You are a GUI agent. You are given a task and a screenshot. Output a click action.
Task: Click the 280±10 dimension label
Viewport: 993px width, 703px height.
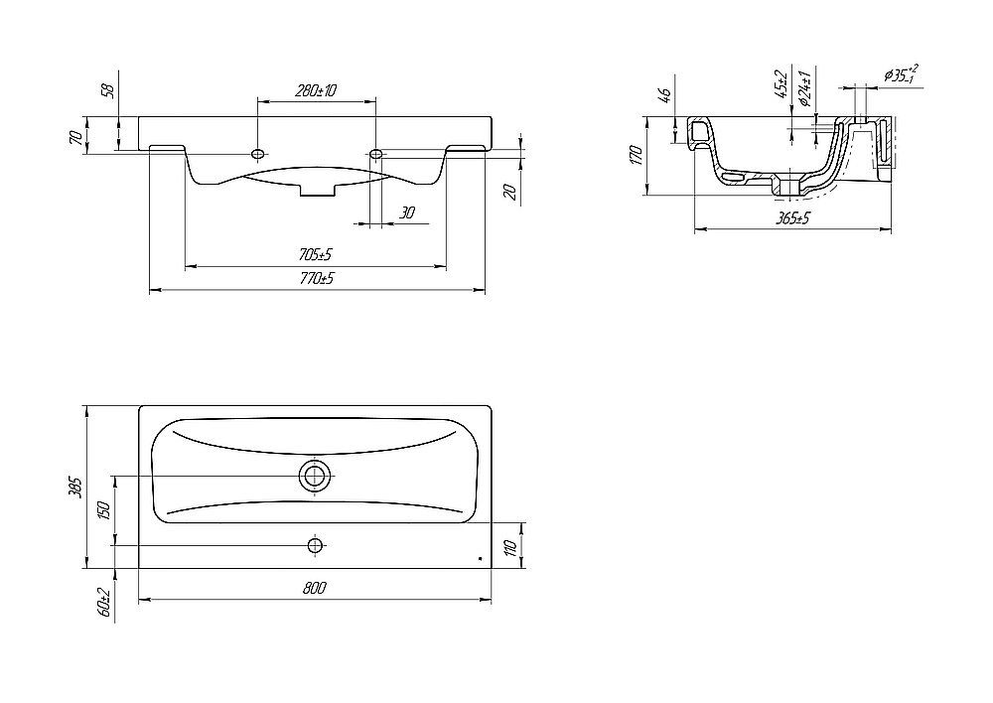[x=316, y=90]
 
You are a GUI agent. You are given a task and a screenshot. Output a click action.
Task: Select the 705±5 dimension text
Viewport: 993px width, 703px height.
[x=316, y=254]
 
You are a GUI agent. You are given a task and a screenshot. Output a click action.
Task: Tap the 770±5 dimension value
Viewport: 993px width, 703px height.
[x=317, y=278]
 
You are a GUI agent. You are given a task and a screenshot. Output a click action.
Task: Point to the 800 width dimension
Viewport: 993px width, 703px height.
[x=314, y=588]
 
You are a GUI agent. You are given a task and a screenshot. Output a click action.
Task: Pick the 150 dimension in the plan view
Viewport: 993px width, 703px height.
[x=104, y=509]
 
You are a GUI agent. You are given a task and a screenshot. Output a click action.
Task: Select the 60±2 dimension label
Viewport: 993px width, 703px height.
[x=104, y=603]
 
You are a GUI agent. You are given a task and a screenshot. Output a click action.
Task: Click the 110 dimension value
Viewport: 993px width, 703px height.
[x=512, y=545]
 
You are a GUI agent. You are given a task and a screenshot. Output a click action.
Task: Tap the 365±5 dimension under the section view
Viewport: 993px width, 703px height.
[x=793, y=218]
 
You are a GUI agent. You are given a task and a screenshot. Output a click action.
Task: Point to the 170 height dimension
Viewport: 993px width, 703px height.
[x=637, y=155]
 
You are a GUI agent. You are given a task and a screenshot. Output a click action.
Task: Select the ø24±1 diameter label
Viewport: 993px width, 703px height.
[x=805, y=88]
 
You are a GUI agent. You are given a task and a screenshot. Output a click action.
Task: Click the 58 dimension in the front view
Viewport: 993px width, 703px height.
[x=109, y=90]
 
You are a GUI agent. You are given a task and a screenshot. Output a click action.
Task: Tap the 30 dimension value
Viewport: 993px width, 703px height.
[x=407, y=212]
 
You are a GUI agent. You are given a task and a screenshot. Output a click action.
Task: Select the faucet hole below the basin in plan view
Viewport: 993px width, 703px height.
[x=315, y=545]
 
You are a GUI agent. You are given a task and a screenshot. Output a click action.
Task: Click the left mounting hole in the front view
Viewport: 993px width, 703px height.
[x=258, y=153]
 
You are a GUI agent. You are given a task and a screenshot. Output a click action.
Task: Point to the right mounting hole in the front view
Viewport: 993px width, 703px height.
[x=376, y=153]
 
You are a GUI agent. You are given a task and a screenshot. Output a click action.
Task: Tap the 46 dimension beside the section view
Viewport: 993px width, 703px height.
[x=664, y=95]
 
